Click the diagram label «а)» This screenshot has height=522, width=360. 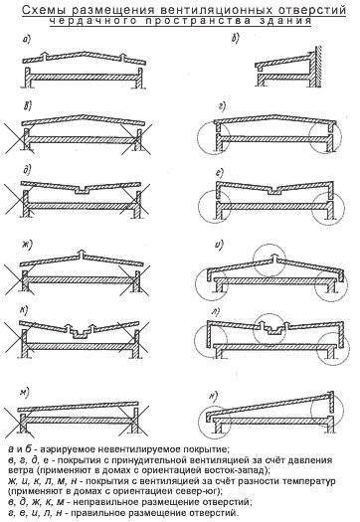coord(26,40)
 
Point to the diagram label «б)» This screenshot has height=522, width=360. coord(235,39)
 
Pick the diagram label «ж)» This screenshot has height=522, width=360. coord(27,245)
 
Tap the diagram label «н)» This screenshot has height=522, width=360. coord(213,396)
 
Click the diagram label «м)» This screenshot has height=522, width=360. coord(25,392)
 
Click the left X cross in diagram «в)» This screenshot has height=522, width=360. coord(19,139)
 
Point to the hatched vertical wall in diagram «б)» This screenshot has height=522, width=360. coord(318,66)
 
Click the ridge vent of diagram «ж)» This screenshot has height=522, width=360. coord(82,256)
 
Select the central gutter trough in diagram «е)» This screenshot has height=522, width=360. coord(276,191)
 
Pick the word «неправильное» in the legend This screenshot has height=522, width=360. coord(102,502)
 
